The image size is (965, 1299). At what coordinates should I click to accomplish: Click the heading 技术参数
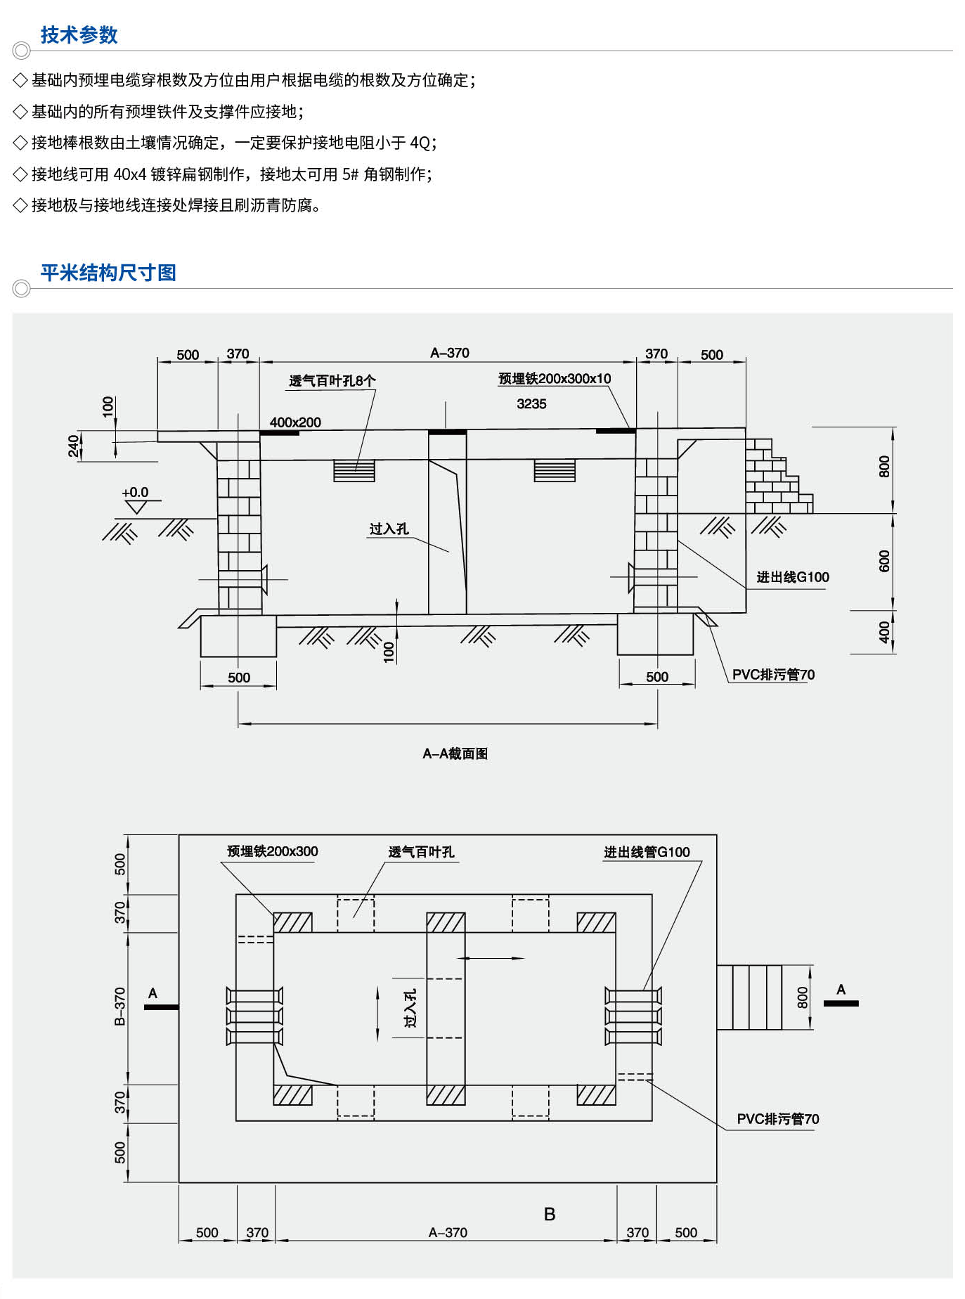click(x=79, y=35)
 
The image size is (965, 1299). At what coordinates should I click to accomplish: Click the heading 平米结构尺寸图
click(x=108, y=273)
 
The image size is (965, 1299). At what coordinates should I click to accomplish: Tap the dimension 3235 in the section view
click(x=531, y=404)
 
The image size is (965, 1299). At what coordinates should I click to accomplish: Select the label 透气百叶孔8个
click(x=332, y=381)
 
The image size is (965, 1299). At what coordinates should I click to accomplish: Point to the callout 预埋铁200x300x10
click(x=555, y=379)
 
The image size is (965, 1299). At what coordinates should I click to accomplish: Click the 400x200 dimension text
click(x=295, y=422)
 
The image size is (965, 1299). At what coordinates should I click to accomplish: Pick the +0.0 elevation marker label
click(x=135, y=493)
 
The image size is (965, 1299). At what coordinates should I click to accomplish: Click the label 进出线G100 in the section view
click(x=792, y=577)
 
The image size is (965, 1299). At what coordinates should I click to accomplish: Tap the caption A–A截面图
click(x=455, y=754)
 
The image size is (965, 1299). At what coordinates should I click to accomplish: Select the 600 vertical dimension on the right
click(x=884, y=561)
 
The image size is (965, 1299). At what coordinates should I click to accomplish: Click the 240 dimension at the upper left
click(x=74, y=446)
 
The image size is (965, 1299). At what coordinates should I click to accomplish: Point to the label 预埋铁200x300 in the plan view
click(x=272, y=851)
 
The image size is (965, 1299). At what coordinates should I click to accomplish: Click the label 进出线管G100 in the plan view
click(x=647, y=852)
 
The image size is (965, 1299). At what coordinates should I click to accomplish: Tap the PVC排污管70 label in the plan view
click(x=777, y=1119)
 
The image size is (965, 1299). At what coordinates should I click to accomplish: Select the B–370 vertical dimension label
click(x=120, y=1006)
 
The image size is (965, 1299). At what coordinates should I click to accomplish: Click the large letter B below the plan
click(x=550, y=1214)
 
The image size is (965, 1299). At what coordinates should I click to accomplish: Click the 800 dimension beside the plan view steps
click(x=803, y=997)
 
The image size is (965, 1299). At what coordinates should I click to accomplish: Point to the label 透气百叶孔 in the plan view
click(x=421, y=852)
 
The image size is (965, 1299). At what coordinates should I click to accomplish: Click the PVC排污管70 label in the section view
click(x=773, y=675)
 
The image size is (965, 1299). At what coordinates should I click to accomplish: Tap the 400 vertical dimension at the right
click(x=884, y=632)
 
